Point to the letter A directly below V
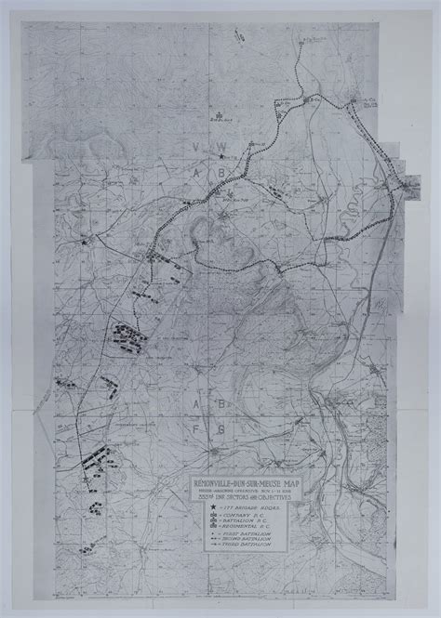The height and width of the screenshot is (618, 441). tap(194, 198)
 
